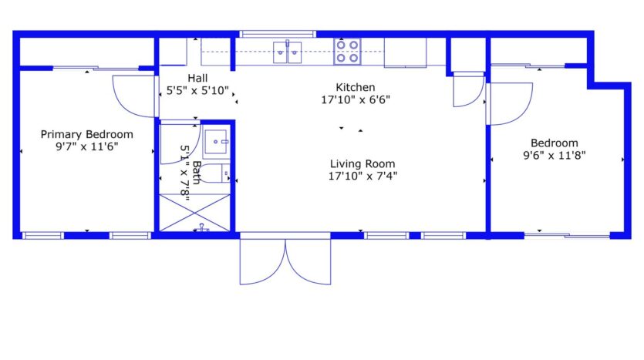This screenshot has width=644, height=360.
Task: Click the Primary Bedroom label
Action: tap(86, 133)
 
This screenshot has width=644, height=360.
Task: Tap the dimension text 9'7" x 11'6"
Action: tap(86, 146)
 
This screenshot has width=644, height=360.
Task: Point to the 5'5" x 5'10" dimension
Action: tap(198, 91)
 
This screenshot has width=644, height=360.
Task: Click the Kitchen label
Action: tap(355, 87)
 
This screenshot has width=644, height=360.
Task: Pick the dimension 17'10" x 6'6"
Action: tap(356, 99)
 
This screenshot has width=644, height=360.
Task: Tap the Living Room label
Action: tap(362, 163)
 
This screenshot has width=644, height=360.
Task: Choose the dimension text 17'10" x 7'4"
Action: tap(362, 176)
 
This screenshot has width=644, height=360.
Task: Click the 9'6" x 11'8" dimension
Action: tap(553, 155)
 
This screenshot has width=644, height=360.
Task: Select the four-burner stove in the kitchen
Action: tap(346, 51)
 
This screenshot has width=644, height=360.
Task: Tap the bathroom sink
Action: tap(217, 140)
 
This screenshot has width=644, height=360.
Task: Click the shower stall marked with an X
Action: tap(195, 211)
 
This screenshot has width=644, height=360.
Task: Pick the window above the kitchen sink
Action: tap(278, 34)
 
